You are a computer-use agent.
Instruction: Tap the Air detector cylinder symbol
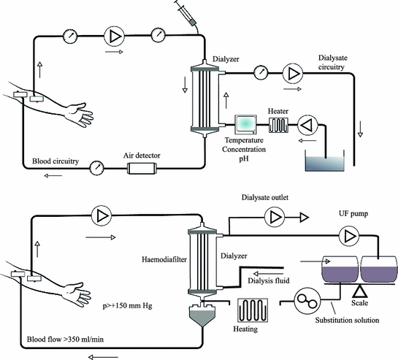(x=142, y=169)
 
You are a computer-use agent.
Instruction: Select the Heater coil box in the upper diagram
(x=278, y=125)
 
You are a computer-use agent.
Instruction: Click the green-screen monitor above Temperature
(x=245, y=125)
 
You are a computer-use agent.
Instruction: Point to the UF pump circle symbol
(x=349, y=236)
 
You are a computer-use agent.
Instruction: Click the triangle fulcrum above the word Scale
(x=360, y=291)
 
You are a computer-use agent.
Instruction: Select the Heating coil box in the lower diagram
(x=253, y=310)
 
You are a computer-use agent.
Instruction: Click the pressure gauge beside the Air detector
(x=96, y=168)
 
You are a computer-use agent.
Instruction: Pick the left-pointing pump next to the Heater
(x=307, y=125)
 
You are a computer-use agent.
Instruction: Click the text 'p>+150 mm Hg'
(x=127, y=306)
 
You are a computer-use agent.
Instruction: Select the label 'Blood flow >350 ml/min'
(x=65, y=339)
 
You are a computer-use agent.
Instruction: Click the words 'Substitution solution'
(x=347, y=320)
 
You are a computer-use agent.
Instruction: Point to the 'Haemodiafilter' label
(x=164, y=259)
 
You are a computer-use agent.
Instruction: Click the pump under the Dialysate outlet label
(x=275, y=218)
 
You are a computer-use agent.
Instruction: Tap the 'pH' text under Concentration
(x=244, y=158)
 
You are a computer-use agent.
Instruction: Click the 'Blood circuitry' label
(x=56, y=161)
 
